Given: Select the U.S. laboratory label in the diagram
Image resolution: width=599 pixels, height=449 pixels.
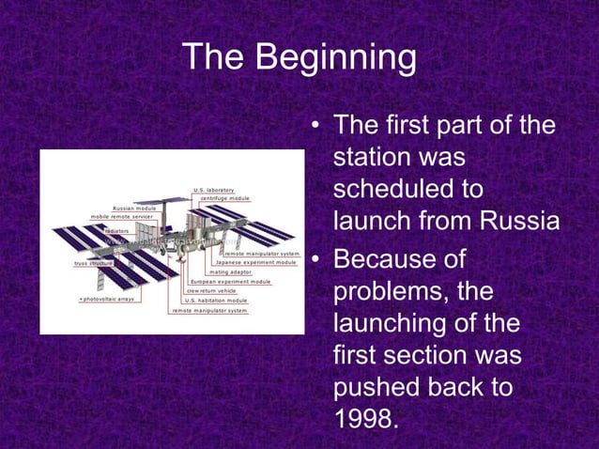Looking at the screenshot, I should pyautogui.click(x=214, y=190).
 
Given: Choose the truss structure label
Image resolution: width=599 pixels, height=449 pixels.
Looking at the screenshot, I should pyautogui.click(x=93, y=263).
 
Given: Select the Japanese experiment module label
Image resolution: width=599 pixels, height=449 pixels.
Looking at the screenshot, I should pyautogui.click(x=256, y=262).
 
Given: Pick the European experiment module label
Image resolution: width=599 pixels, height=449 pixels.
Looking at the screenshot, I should pyautogui.click(x=230, y=281).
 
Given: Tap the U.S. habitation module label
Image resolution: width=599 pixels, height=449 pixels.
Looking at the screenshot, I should pyautogui.click(x=216, y=300).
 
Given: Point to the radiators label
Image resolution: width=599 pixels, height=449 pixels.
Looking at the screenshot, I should pyautogui.click(x=117, y=229).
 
